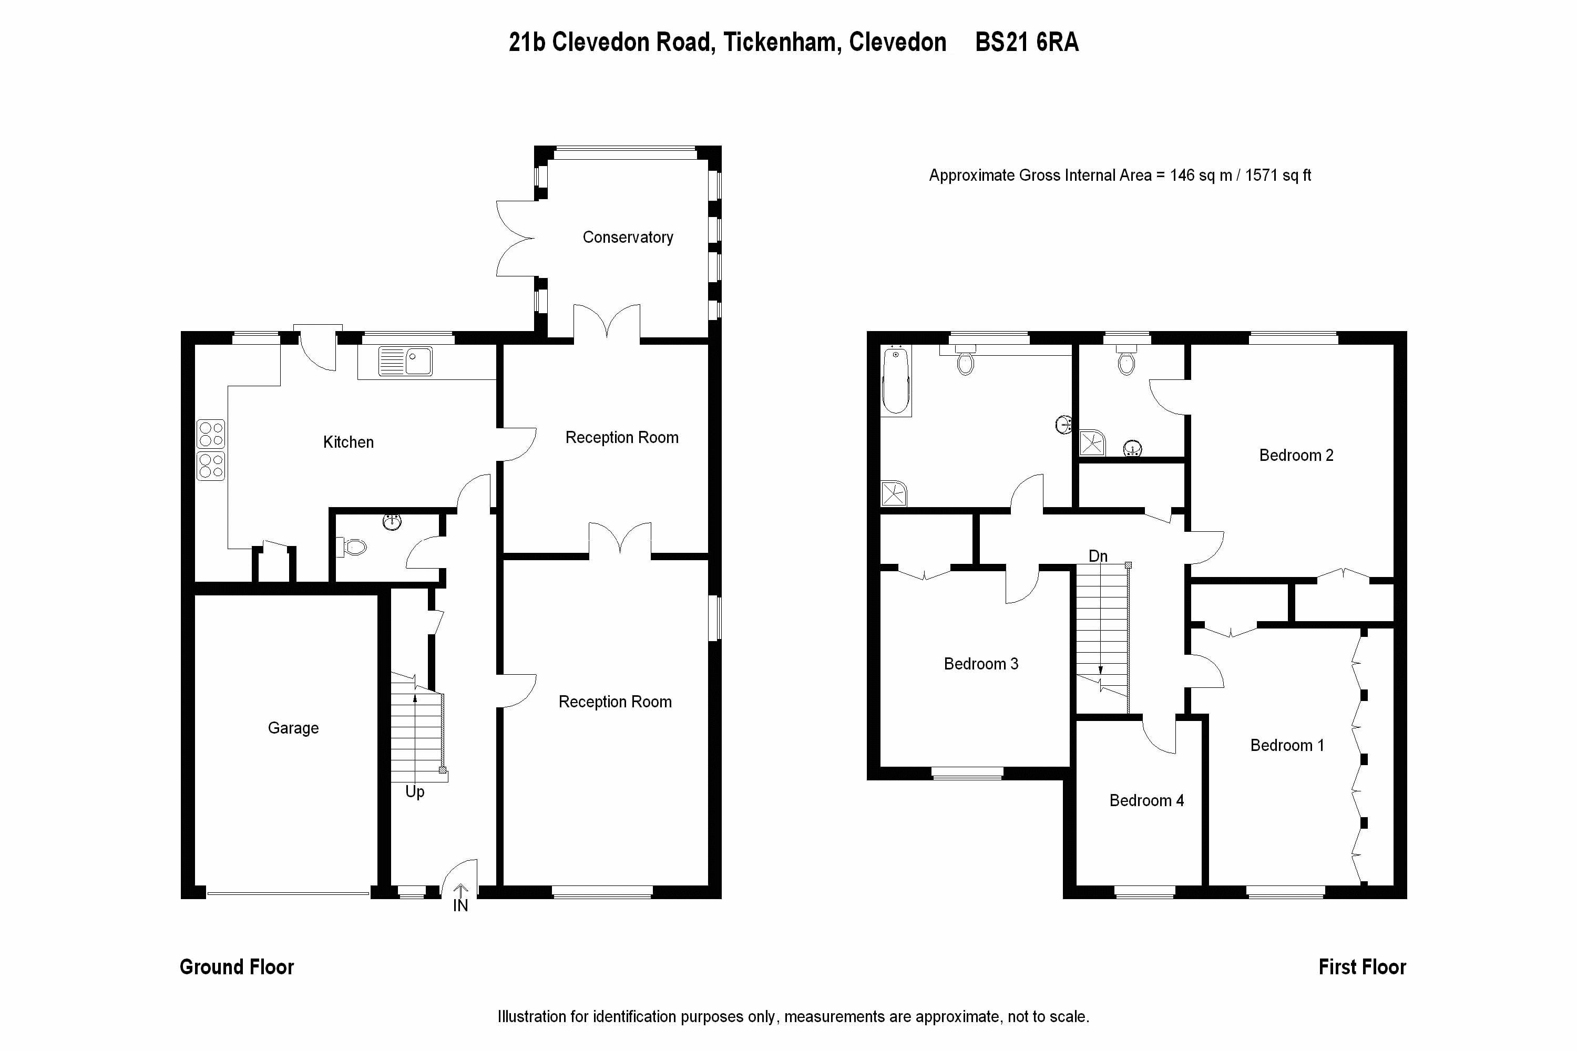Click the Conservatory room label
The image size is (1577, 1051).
[x=628, y=238]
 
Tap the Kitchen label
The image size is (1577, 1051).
[x=348, y=442]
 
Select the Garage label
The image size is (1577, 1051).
[x=293, y=728]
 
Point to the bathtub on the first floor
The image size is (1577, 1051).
[x=895, y=380]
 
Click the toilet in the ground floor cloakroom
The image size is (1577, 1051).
[x=352, y=548]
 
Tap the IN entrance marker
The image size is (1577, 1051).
[x=460, y=905]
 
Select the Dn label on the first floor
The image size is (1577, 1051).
[x=1098, y=557]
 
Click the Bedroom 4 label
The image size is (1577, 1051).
[x=1146, y=800]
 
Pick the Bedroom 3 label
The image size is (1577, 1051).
[x=981, y=664]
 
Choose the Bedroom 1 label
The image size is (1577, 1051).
[x=1287, y=745]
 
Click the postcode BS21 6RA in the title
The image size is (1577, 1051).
[x=1027, y=42]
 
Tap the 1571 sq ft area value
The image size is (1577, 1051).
[x=1278, y=176]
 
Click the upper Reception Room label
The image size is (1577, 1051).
[x=621, y=438]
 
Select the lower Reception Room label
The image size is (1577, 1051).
[x=615, y=702]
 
